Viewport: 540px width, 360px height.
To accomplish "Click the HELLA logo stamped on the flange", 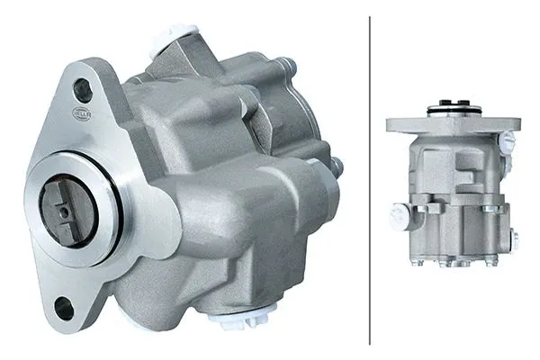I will pyautogui.click(x=81, y=112).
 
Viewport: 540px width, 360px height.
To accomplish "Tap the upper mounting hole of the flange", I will pyautogui.click(x=82, y=89).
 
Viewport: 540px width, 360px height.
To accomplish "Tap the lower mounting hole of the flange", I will pyautogui.click(x=64, y=308).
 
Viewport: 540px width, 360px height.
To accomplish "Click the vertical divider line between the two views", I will pyautogui.click(x=370, y=180).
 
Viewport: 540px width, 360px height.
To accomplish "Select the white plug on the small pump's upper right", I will pyautogui.click(x=508, y=142).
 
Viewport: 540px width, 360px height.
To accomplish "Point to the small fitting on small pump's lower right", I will pyautogui.click(x=514, y=239).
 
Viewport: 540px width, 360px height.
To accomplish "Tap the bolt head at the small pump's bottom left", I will pyautogui.click(x=417, y=262).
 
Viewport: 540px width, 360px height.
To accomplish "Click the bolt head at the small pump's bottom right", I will pyautogui.click(x=491, y=261).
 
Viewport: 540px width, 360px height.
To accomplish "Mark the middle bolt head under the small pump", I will pyautogui.click(x=454, y=264).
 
